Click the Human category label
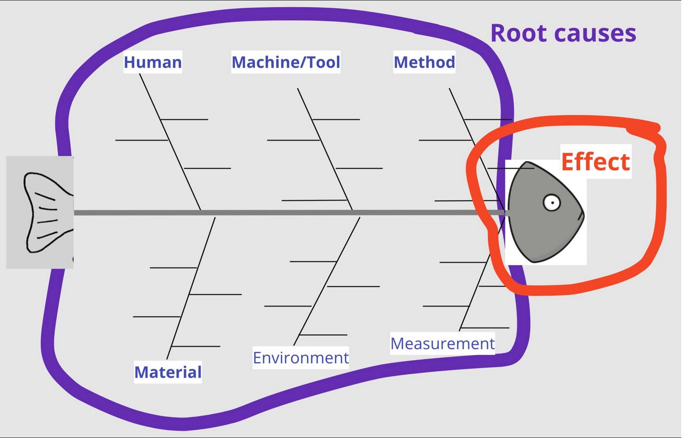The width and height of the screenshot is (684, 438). tap(152, 62)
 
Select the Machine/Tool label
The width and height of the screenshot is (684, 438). tap(286, 62)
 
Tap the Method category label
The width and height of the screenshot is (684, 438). tap(424, 62)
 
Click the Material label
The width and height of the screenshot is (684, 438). tap(168, 372)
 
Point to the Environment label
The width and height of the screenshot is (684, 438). tap(301, 358)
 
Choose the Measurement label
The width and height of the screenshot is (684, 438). tap(442, 343)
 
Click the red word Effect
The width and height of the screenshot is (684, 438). tap(595, 162)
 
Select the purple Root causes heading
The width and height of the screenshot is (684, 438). tap(563, 33)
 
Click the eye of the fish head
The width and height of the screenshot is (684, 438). tap(552, 203)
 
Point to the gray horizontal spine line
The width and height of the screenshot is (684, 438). tap(279, 213)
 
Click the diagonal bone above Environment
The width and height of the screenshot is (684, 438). tap(329, 276)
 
